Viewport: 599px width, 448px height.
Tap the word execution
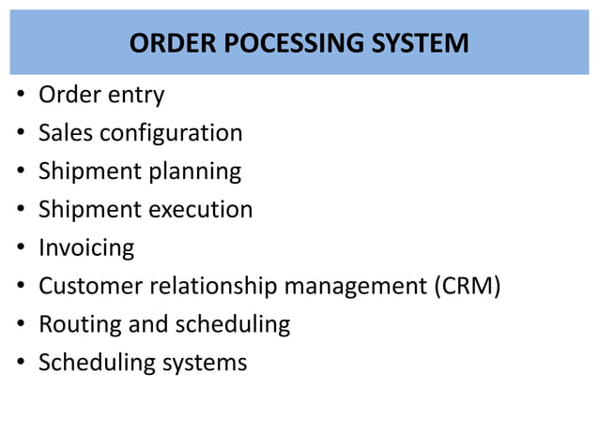[198, 209]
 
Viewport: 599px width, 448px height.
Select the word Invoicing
[86, 247]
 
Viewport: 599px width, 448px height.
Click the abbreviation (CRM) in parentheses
[466, 286]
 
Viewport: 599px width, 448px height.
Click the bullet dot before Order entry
[20, 96]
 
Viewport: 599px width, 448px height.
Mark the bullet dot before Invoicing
[20, 248]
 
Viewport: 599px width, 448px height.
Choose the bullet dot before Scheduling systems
[20, 363]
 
